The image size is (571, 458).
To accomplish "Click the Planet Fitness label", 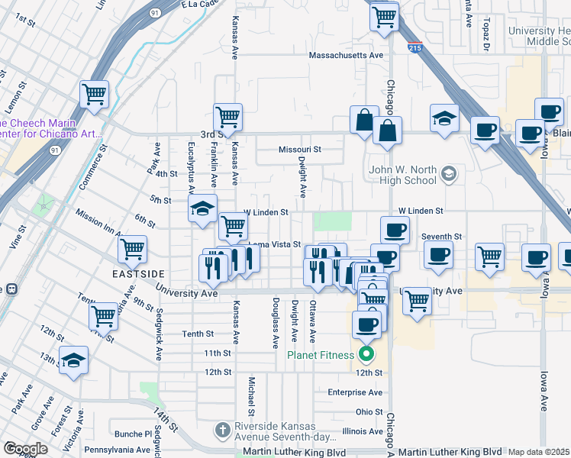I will coord(321,354).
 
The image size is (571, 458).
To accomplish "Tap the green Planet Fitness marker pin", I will coord(366,354).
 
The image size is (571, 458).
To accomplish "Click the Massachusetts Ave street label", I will coord(345,56).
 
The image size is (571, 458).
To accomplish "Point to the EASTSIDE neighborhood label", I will coord(139,273).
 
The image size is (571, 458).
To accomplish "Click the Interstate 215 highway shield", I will coord(415,47).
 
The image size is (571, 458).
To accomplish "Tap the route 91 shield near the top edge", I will coord(155,12).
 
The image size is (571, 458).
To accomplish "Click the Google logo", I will coord(25,449).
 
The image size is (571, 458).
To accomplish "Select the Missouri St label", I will coord(300,150).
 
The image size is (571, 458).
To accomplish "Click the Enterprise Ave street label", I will coord(354,392).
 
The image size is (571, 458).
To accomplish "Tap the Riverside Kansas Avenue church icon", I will coord(222,430).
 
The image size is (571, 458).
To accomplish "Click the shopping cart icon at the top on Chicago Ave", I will coord(385,16).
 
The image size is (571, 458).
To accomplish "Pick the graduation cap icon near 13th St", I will coord(74,360).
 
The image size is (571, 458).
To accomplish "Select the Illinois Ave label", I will coord(362,431).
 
